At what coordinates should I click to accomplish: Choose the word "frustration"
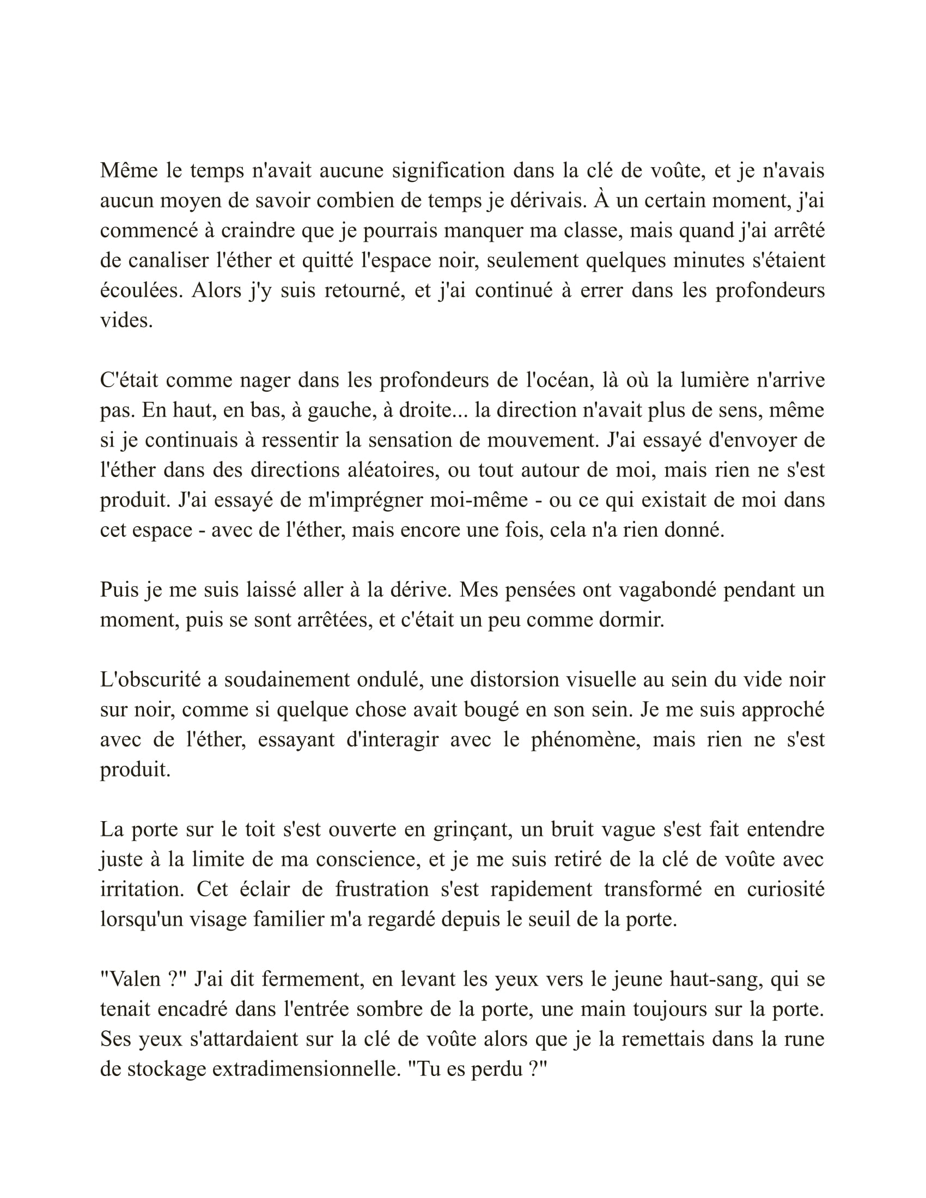coord(381,889)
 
